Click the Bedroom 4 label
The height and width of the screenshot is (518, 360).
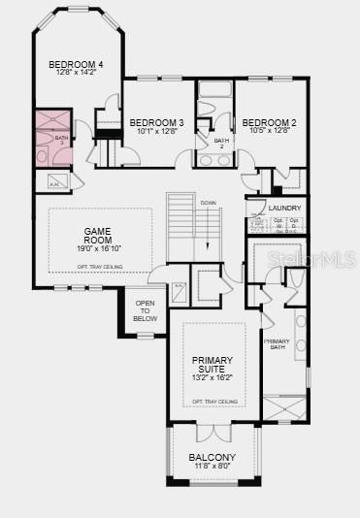coord(76,64)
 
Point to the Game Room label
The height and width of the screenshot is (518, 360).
coord(99,235)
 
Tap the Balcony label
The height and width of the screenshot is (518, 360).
coord(213,457)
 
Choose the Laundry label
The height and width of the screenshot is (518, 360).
coord(284,208)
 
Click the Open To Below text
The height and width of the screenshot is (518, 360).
coord(145,311)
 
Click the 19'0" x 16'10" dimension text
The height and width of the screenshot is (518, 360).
coord(99,248)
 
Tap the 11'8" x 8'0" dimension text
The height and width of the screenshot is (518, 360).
coord(213,467)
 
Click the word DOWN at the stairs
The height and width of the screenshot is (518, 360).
coord(208,202)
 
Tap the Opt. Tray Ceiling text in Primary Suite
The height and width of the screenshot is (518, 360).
coord(214,401)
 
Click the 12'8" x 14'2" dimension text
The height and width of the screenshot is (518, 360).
coord(76,73)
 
